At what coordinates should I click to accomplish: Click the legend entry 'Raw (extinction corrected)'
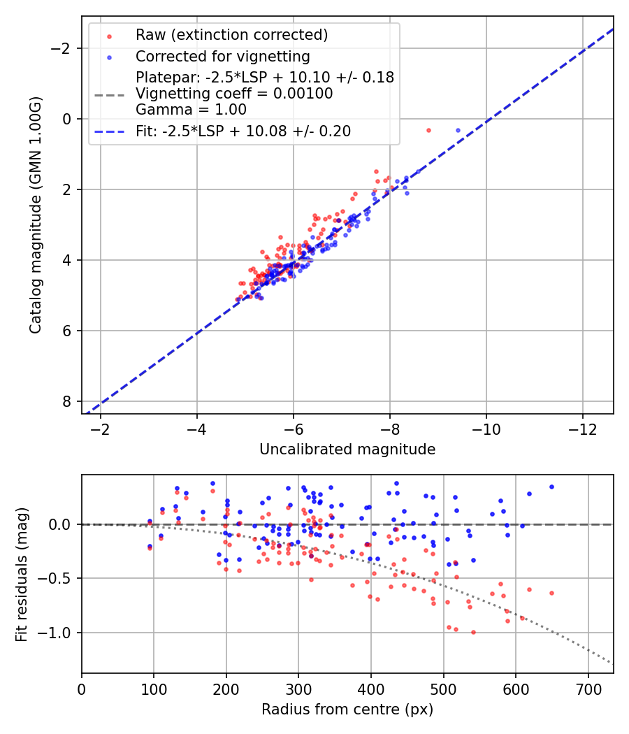(x=231, y=35)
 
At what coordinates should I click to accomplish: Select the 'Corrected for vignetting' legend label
(x=222, y=56)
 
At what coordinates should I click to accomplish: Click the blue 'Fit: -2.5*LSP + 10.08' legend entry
(x=243, y=131)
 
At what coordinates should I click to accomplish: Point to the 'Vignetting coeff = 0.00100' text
(x=234, y=94)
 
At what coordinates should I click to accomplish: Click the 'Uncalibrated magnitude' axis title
(x=347, y=449)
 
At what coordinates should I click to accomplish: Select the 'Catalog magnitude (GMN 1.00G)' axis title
(x=36, y=215)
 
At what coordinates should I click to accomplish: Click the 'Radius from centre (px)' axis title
(x=347, y=710)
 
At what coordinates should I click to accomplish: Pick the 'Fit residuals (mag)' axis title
(x=22, y=574)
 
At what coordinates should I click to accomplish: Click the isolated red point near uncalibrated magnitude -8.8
(x=428, y=130)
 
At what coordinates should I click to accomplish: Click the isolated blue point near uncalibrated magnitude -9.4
(x=458, y=130)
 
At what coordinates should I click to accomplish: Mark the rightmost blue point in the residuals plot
(x=551, y=487)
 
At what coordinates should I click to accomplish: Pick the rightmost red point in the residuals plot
(x=551, y=593)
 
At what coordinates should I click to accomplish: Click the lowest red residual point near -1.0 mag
(x=473, y=632)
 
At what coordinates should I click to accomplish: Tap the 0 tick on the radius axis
(x=82, y=687)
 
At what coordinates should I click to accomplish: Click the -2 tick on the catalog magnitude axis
(x=66, y=48)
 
